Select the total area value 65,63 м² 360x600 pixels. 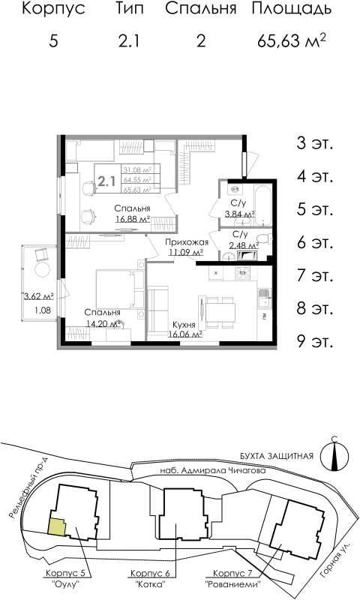(x=292, y=40)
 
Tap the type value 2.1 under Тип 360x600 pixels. (x=128, y=40)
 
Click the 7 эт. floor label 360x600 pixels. (x=315, y=275)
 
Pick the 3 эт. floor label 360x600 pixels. (x=315, y=142)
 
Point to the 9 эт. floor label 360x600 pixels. (x=315, y=341)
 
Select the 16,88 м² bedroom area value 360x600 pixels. (x=133, y=219)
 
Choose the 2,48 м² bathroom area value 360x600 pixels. (x=243, y=244)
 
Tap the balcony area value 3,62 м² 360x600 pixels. (x=37, y=296)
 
